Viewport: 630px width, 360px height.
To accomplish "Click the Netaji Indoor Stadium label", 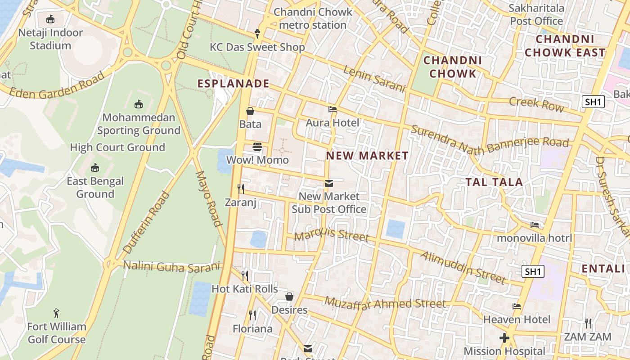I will coord(50,39).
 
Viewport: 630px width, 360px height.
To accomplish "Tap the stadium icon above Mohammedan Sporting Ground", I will coord(139,104).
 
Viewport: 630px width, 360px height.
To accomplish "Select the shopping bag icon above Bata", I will coord(250,111).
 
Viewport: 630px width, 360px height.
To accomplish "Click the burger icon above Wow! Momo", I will coord(257,147).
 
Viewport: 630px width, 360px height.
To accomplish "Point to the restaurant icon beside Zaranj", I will coord(241,189).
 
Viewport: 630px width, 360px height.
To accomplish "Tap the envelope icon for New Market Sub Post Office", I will coord(329,183).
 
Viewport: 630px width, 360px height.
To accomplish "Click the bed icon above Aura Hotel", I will coord(333,109).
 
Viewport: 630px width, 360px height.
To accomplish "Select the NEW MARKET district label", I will coord(367,156).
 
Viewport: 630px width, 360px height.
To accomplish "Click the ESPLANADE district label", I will coord(233,83).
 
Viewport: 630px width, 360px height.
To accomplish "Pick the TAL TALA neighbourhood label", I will coord(494,182).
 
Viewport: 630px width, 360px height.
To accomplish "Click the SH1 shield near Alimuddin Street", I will coord(533,271).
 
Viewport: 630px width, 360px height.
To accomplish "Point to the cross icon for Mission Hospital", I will coord(504,337).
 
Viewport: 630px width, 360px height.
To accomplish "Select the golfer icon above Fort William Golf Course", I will coord(56,313).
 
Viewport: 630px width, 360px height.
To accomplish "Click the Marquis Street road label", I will coord(332,235).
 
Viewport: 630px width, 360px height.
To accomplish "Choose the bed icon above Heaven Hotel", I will coord(517,306).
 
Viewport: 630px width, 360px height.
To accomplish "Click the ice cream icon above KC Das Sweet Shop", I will coord(257,33).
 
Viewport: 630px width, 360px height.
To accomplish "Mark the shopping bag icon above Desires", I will coord(289,297).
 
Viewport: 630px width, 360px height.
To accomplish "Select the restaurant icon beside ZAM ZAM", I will coord(588,323).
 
